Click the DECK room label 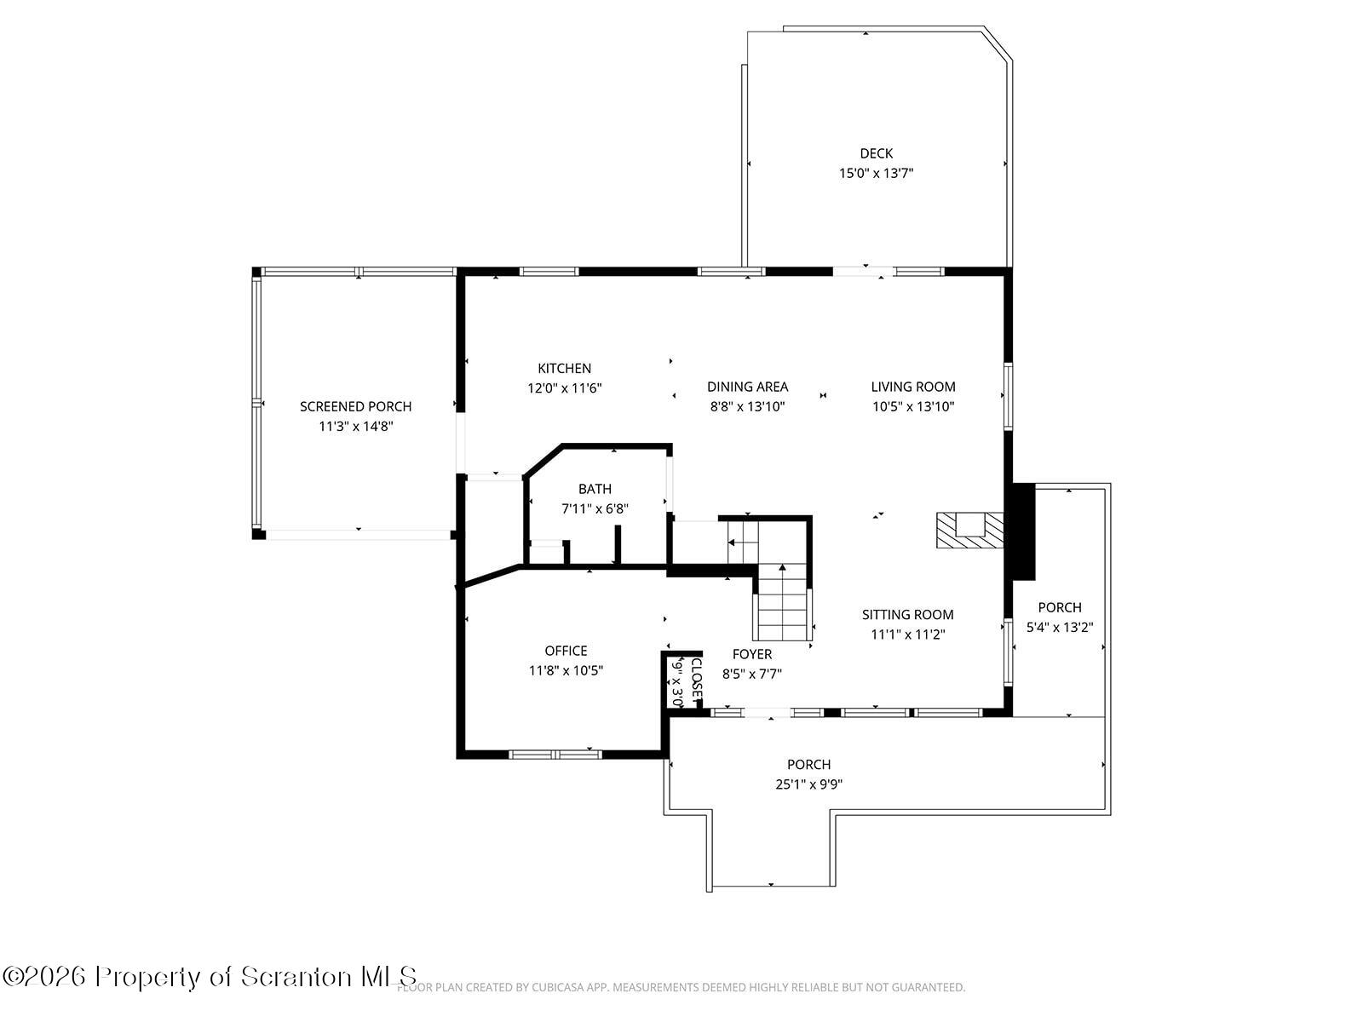tap(876, 153)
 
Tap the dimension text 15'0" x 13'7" tap(876, 173)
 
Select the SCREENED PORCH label tap(355, 406)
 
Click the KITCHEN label tap(564, 368)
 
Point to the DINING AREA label tap(747, 387)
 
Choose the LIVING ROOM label tap(912, 387)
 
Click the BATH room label tap(595, 489)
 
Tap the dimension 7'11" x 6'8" tap(595, 508)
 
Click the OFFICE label tap(566, 651)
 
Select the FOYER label tap(751, 654)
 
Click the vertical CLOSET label tap(695, 679)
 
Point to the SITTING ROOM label tap(907, 614)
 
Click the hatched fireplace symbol tap(969, 530)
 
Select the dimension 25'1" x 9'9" tap(808, 784)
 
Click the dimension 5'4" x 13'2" tap(1059, 627)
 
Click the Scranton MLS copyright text tap(210, 976)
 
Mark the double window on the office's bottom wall tap(555, 754)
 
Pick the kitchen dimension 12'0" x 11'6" tap(564, 388)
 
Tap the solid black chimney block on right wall tap(1021, 531)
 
